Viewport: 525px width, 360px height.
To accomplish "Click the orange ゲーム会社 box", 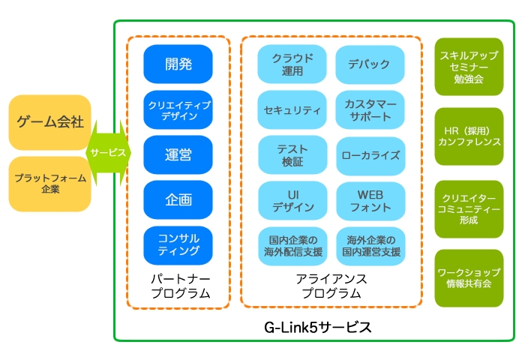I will [x=50, y=122].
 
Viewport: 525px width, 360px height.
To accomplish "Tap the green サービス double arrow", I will [x=109, y=152].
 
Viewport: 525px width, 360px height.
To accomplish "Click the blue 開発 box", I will [x=178, y=64].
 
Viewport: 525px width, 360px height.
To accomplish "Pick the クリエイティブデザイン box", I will [x=178, y=109].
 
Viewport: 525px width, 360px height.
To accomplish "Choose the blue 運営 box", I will [x=178, y=154].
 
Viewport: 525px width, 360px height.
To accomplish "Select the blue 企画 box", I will [x=178, y=199].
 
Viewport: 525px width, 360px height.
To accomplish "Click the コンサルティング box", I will [x=178, y=244].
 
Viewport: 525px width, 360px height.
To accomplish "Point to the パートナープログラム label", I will [x=178, y=286].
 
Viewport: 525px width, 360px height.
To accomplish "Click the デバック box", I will [x=370, y=64].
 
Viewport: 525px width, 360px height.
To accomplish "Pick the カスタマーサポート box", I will [x=370, y=110].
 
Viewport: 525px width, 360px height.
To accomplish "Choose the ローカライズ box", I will [x=370, y=155].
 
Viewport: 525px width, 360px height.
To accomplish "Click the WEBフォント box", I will [x=370, y=200].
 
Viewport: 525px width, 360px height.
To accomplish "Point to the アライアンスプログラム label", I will [x=331, y=286].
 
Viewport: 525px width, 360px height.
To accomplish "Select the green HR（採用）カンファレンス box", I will [x=469, y=136].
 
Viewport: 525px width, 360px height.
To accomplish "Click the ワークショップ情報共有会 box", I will [x=469, y=277].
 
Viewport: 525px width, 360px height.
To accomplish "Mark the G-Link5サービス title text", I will [x=318, y=328].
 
